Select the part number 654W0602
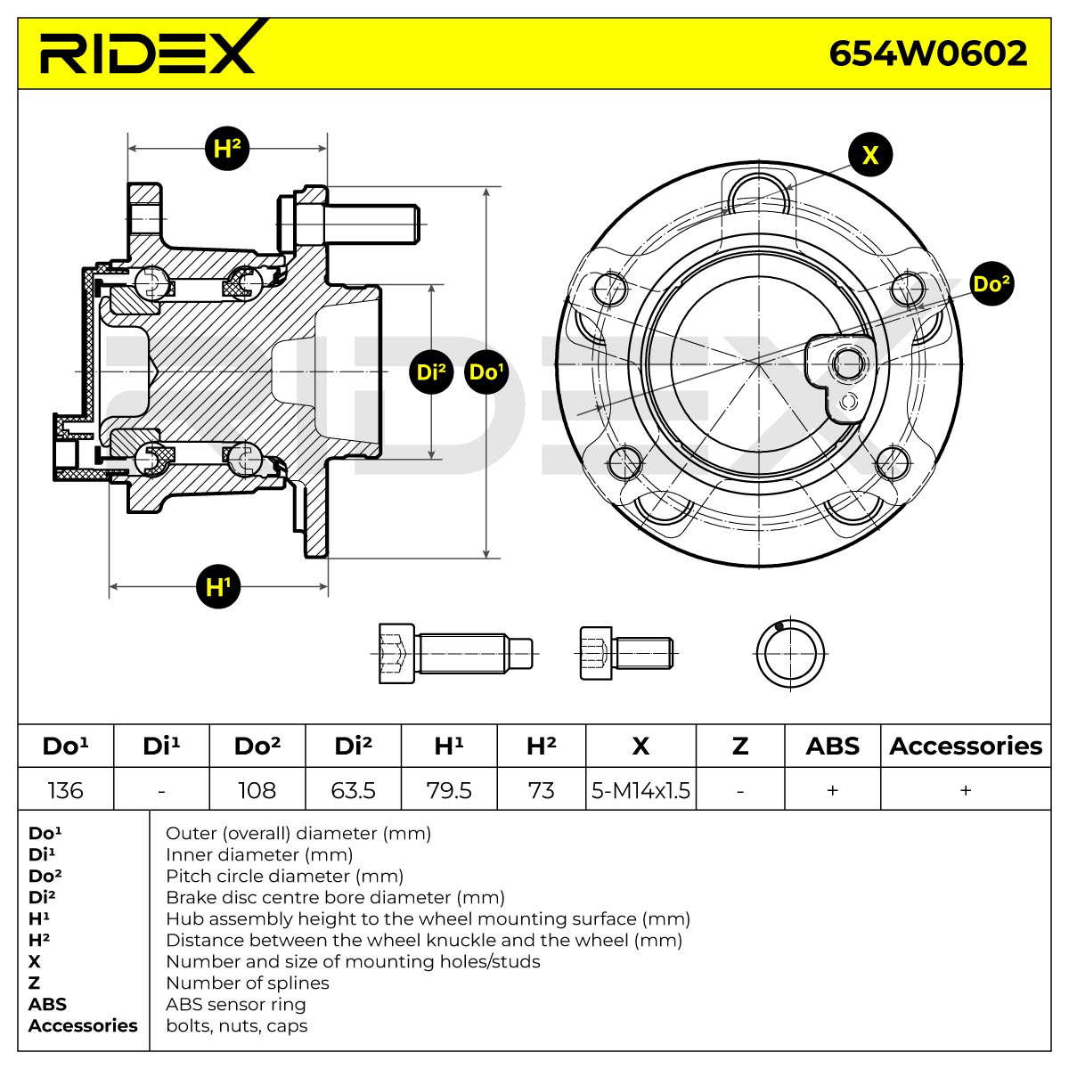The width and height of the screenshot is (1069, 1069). point(927,53)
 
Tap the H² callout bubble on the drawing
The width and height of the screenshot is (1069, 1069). point(227,149)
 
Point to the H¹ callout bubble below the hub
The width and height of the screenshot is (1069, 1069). point(218,586)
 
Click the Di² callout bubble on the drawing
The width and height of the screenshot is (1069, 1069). point(431,371)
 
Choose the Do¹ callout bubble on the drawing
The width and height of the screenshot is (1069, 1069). point(486,371)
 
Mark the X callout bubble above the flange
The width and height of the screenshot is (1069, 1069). point(869,154)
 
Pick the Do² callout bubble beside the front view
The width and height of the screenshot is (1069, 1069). point(991,283)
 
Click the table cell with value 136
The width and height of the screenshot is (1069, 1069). point(65,790)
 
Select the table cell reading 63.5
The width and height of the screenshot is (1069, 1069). point(353,790)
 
